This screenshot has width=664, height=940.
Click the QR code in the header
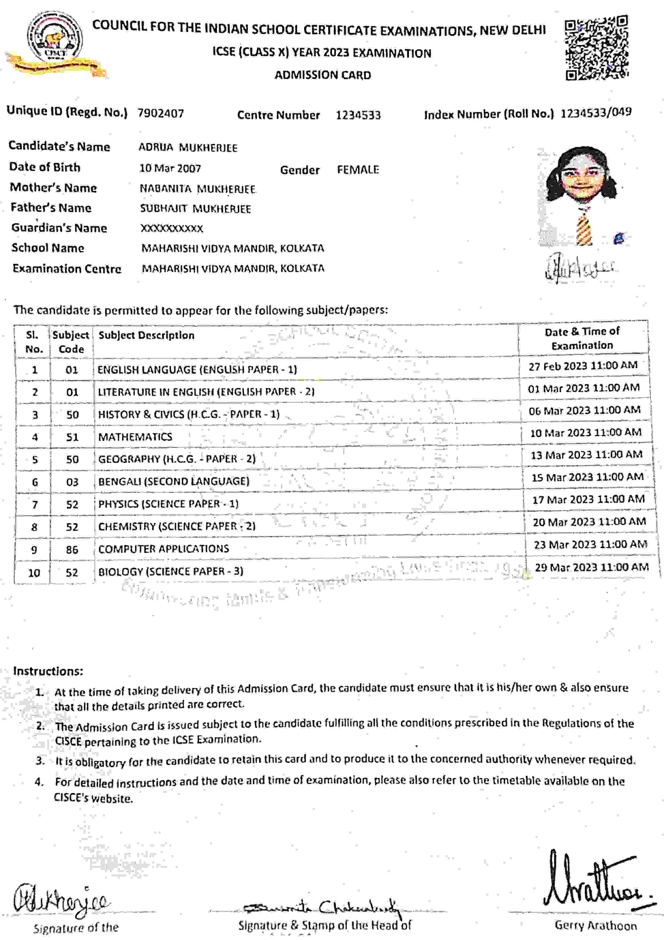597,47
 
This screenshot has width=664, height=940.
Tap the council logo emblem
55,41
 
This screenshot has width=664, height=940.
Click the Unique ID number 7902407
160,113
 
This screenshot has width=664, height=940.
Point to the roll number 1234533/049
596,113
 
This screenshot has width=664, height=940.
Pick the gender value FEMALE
358,170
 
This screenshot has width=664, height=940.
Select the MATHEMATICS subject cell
135,437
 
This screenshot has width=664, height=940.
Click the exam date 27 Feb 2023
583,366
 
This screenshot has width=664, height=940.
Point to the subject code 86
72,549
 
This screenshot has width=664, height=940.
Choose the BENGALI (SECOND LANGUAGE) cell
173,481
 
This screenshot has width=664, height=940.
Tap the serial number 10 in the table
34,573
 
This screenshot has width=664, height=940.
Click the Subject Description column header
146,335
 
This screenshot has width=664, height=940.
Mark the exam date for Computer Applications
590,545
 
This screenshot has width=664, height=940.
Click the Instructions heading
48,671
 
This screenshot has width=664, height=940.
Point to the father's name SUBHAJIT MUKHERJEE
195,209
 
